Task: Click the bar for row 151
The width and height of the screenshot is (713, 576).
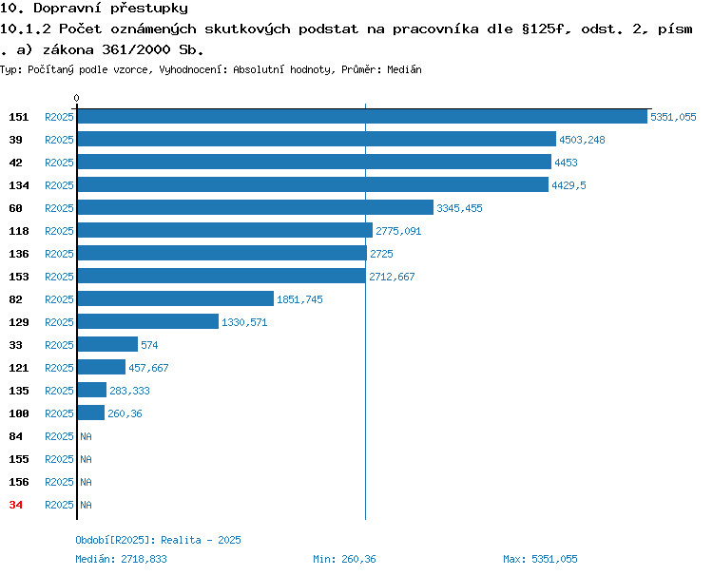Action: click(362, 116)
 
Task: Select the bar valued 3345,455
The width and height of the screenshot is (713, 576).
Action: click(256, 207)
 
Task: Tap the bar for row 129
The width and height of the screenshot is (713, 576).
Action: click(148, 321)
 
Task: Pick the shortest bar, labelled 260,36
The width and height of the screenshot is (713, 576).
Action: click(91, 413)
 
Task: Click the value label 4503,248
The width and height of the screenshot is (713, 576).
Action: click(582, 140)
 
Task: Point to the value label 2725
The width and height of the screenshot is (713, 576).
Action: click(381, 254)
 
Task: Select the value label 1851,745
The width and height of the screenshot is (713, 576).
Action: click(299, 299)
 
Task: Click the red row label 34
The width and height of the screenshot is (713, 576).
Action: click(15, 505)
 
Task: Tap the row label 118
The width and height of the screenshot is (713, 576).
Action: click(19, 231)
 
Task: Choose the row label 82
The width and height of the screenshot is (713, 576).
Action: click(15, 299)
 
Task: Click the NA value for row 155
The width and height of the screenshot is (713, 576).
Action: click(86, 459)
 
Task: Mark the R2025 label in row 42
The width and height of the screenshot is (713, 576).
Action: click(59, 163)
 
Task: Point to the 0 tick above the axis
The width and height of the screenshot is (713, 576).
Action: click(76, 98)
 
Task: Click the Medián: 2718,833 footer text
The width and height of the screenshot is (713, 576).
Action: click(121, 559)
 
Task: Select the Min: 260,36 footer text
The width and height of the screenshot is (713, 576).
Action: click(344, 559)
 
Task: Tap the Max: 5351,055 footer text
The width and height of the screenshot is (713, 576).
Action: click(540, 559)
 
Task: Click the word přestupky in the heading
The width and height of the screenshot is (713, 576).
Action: click(149, 9)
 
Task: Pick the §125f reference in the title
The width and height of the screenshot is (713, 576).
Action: click(543, 29)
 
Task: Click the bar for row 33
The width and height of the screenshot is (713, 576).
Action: click(107, 344)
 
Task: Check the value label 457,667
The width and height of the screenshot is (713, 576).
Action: click(148, 368)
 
